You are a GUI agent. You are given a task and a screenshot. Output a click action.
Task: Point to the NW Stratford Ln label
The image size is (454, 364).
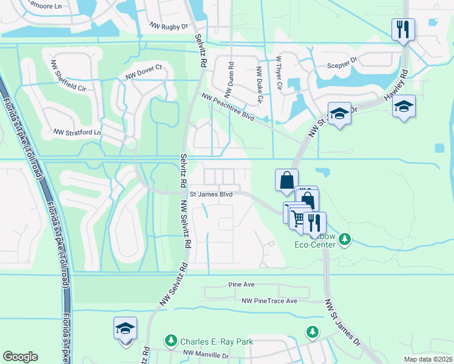point(76,132)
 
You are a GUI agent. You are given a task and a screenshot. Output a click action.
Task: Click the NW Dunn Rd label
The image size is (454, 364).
point(229,79)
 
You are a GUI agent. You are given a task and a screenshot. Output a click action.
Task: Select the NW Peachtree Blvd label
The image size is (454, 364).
point(228,107)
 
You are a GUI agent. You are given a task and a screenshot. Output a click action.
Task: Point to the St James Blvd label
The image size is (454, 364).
point(212,195)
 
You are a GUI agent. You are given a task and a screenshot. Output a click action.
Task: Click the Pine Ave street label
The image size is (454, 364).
point(241,284)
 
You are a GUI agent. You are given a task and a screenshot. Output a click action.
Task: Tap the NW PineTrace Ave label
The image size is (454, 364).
point(269,301)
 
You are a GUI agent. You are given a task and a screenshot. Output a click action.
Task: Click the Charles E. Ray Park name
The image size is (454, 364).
point(216,342)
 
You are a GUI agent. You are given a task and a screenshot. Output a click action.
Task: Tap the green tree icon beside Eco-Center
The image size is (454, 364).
point(345,240)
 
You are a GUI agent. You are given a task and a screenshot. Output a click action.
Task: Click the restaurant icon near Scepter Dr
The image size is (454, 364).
point(403,29)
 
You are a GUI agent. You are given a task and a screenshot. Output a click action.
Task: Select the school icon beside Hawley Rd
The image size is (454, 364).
point(404,107)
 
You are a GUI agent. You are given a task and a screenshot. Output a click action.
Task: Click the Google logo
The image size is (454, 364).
point(20,357)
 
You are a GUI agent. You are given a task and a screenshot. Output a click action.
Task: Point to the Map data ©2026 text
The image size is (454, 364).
point(427,359)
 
